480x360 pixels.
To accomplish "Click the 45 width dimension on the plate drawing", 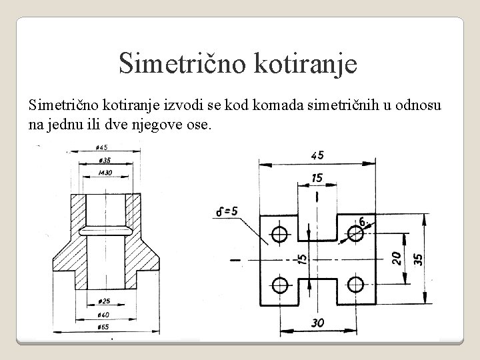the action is click(x=317, y=155).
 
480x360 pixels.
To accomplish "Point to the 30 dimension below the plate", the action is click(x=317, y=322).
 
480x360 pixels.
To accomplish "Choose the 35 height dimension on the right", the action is click(x=417, y=258).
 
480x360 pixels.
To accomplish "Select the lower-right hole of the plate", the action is click(x=355, y=285).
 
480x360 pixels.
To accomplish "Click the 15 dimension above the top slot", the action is click(x=317, y=178).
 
